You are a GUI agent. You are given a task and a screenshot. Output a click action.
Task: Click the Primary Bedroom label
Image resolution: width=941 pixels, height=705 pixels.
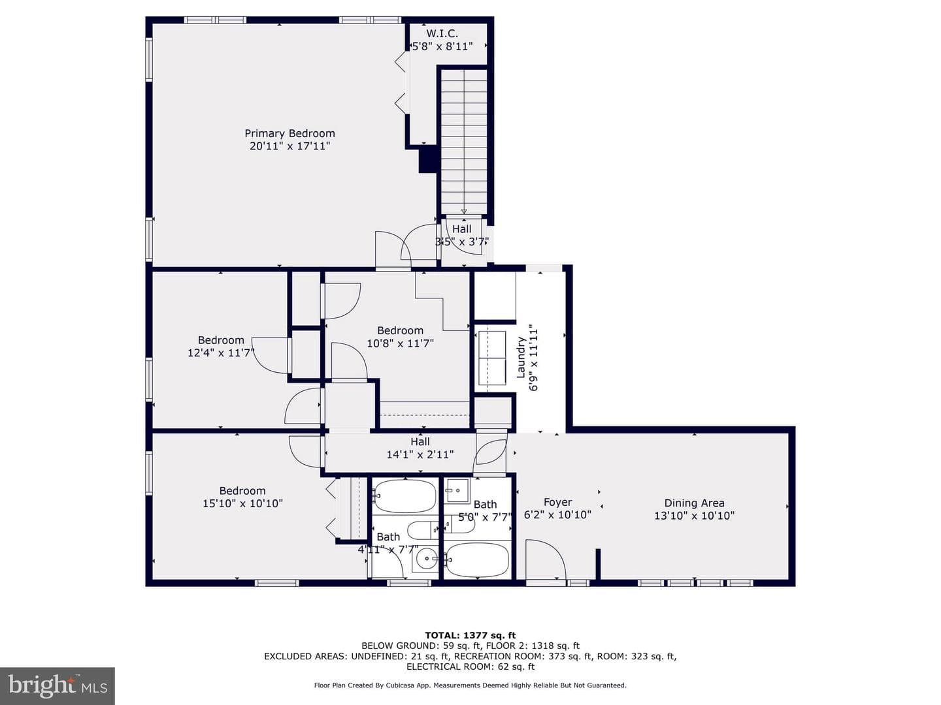pos(289,133)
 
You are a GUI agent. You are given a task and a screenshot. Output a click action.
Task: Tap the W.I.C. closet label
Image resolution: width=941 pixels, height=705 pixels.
pos(442,33)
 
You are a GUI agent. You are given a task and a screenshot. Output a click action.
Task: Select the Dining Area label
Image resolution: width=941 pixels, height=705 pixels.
pos(694,503)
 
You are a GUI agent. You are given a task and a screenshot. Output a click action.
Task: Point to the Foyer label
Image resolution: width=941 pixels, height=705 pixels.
pos(557,502)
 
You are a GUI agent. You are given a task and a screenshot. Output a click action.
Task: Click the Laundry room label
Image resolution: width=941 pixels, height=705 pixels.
pos(520,358)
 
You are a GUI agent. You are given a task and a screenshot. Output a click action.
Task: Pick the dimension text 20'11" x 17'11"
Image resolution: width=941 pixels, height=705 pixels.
pos(289,146)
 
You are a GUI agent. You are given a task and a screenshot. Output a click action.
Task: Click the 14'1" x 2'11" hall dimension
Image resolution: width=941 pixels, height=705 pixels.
pos(420,454)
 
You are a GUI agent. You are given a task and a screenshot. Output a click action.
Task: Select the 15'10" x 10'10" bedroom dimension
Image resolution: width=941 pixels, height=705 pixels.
pos(242,503)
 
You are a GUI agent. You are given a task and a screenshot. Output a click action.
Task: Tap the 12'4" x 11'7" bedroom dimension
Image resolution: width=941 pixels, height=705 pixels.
pos(221,352)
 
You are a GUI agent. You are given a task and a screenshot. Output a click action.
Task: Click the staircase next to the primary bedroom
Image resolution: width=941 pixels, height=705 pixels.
pos(464,141)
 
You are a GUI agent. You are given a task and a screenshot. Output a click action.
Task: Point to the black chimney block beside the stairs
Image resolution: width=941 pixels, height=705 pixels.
pos(427,159)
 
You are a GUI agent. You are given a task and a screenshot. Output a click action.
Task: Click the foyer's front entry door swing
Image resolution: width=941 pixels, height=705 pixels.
pos(546,560)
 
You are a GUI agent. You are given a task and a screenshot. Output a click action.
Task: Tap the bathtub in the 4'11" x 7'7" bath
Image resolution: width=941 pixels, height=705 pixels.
pos(404,496)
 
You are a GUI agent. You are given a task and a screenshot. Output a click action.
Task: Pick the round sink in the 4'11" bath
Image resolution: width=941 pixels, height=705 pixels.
pos(425,559)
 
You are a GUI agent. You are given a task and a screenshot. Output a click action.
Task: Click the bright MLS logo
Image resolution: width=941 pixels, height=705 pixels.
pos(58,685)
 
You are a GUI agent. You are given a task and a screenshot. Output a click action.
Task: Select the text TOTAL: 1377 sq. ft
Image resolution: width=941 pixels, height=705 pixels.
pos(470,635)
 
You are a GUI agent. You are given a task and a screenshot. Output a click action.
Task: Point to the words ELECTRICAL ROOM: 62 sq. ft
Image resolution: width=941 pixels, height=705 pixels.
pos(470,666)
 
